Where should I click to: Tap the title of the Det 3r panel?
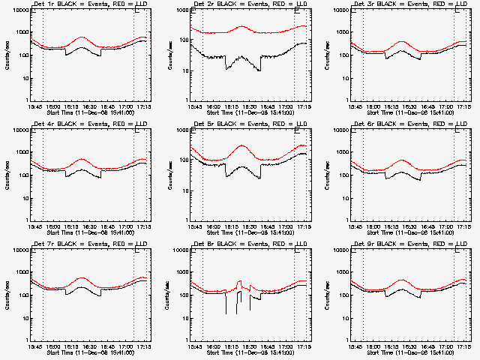[411, 5]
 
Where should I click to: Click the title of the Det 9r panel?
[411, 243]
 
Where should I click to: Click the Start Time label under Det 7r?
[91, 353]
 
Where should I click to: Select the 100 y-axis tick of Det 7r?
[23, 295]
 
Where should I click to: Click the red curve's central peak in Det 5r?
[242, 145]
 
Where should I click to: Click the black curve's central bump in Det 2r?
[243, 56]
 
